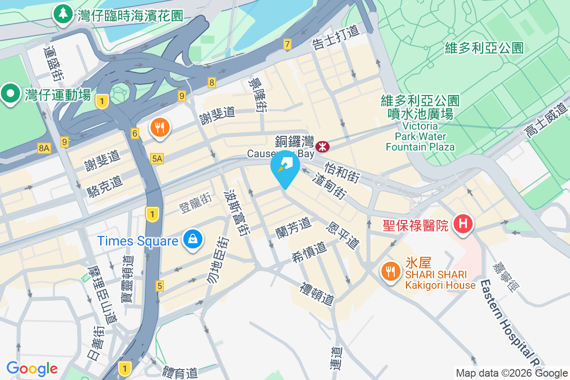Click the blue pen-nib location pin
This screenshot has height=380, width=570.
(x=285, y=167)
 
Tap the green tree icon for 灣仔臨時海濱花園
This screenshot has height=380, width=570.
(x=63, y=14)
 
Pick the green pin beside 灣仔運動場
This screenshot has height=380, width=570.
(x=9, y=94)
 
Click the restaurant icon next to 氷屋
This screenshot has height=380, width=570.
(x=390, y=272)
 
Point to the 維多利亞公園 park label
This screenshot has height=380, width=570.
(x=484, y=47)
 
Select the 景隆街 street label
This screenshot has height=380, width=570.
(x=257, y=95)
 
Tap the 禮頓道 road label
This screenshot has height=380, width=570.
(x=317, y=294)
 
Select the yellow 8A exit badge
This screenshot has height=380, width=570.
(x=44, y=149)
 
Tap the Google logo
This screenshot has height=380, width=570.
(x=32, y=369)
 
